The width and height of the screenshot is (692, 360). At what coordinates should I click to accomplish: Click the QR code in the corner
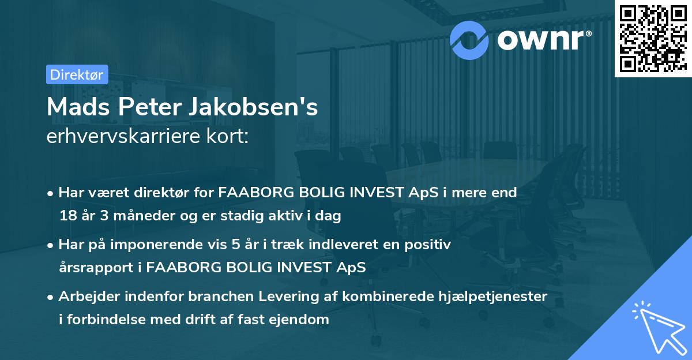(653, 38)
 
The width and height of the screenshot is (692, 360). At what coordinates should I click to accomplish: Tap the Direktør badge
(77, 74)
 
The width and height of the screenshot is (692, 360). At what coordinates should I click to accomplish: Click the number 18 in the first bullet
(67, 216)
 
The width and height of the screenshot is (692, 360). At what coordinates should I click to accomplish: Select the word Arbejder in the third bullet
(84, 297)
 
